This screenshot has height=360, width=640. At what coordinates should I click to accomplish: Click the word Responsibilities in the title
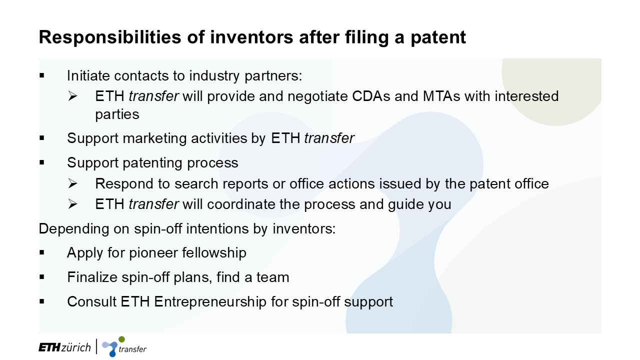pyautogui.click(x=110, y=37)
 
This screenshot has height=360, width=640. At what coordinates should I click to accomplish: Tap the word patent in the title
pyautogui.click(x=438, y=37)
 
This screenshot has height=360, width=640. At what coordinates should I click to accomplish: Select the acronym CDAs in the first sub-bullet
pyautogui.click(x=371, y=96)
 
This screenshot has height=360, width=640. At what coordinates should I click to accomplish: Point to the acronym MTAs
pyautogui.click(x=441, y=96)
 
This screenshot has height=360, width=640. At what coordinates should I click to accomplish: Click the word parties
pyautogui.click(x=117, y=114)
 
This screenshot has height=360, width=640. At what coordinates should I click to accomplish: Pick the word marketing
pyautogui.click(x=154, y=138)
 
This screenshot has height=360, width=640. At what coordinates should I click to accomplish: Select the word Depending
pyautogui.click(x=73, y=229)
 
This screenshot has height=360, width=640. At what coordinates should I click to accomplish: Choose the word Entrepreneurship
pyautogui.click(x=210, y=302)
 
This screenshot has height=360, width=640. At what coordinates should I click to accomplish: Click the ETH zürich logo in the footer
pyautogui.click(x=64, y=347)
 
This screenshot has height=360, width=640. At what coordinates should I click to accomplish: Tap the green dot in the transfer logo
pyautogui.click(x=121, y=339)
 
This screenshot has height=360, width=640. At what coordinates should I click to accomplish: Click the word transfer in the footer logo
pyautogui.click(x=132, y=349)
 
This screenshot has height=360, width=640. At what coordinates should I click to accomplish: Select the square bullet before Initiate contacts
pyautogui.click(x=42, y=75)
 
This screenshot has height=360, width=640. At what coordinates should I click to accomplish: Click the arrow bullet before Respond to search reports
pyautogui.click(x=72, y=183)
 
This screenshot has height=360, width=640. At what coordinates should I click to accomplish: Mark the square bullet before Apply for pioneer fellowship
pyautogui.click(x=42, y=252)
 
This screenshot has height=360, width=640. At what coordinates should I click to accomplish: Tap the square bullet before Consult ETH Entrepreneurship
pyautogui.click(x=42, y=301)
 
